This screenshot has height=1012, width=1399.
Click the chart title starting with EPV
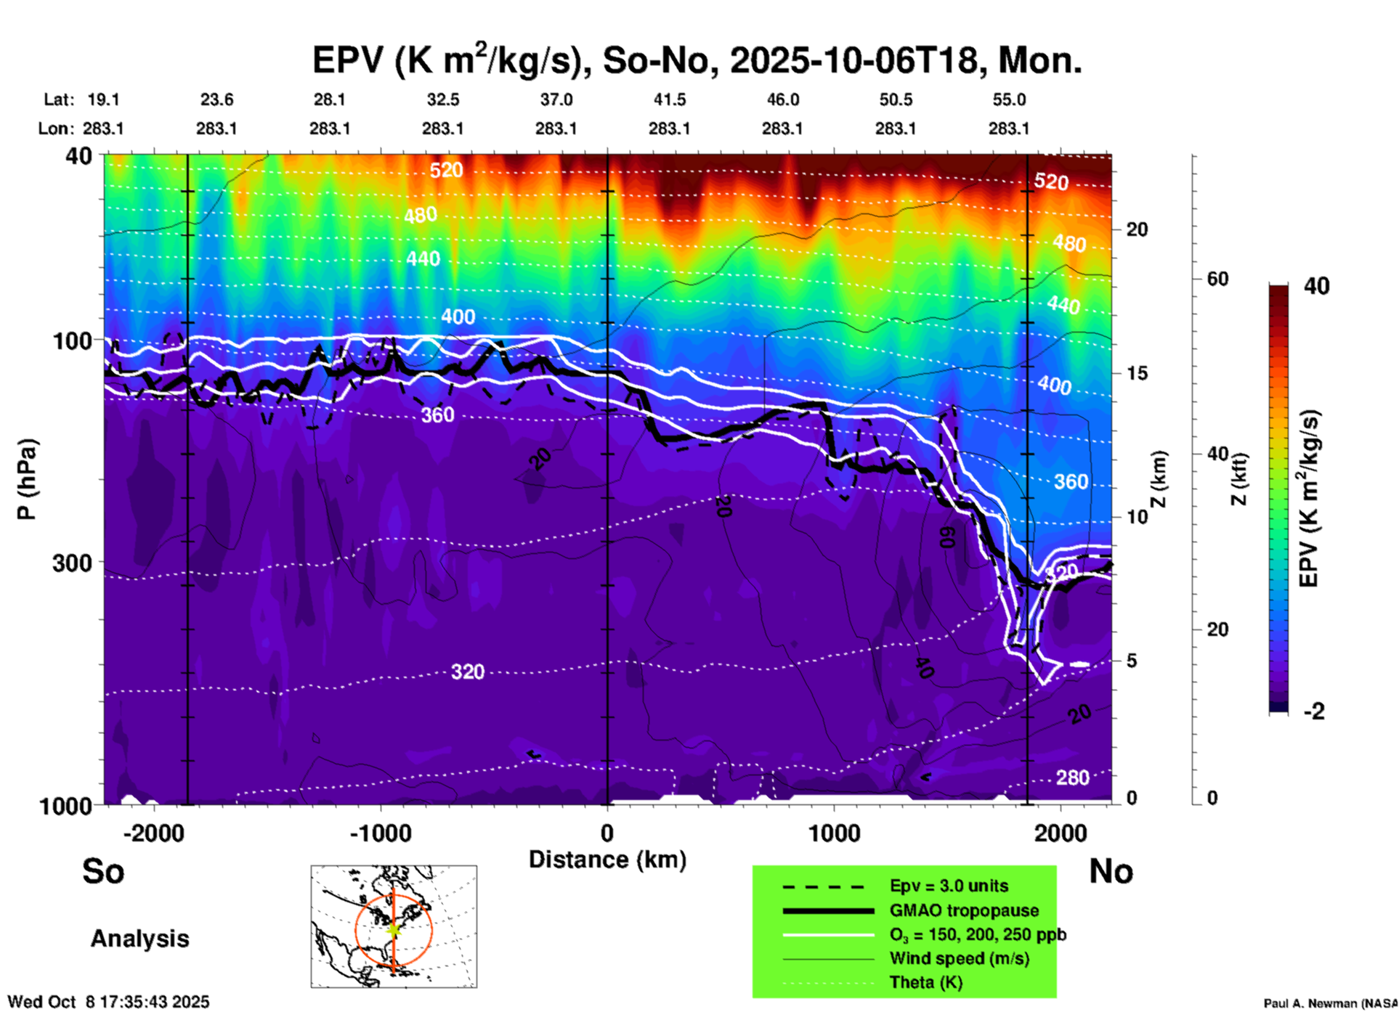[697, 60]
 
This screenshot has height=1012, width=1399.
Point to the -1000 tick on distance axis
[380, 833]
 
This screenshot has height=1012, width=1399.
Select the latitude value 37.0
[556, 99]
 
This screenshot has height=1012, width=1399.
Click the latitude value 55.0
[1008, 99]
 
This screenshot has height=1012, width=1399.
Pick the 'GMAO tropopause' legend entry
[964, 910]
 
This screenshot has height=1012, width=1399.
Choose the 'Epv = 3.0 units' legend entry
[949, 886]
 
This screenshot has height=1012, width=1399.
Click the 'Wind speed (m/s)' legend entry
[959, 958]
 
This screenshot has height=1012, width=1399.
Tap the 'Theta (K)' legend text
[925, 982]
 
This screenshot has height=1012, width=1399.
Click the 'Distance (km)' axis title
[607, 860]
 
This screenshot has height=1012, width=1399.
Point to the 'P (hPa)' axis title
[27, 479]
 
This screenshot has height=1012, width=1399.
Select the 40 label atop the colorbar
[1316, 286]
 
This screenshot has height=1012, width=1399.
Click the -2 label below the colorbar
[1314, 711]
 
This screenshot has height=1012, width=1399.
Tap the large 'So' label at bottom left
[103, 871]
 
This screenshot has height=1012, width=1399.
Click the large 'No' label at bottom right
[1111, 871]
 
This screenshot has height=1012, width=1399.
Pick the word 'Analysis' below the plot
[139, 938]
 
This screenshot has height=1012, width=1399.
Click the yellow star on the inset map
[393, 929]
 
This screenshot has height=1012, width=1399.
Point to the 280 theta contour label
[1072, 778]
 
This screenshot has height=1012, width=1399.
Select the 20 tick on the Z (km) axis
[1136, 230]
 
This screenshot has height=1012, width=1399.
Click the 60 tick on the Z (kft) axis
[1217, 279]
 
